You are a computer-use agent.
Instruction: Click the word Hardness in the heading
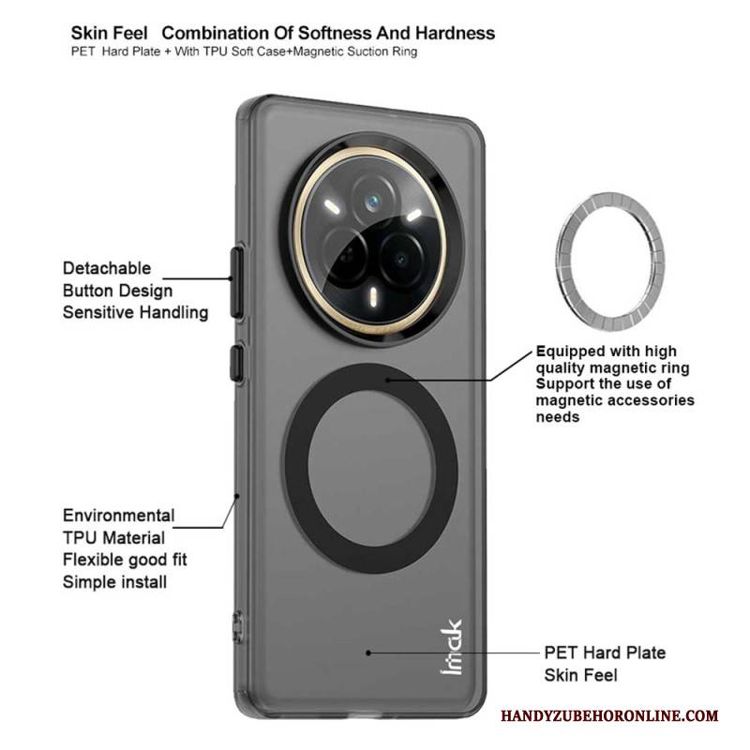455,33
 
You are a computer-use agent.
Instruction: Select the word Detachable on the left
107,268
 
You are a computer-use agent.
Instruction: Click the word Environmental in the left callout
119,515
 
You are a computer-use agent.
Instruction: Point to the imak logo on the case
451,647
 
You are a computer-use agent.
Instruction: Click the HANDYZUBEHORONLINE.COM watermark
609,716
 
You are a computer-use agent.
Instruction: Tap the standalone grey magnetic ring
611,262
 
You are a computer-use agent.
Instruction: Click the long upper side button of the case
237,282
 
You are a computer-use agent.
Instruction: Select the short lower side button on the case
236,363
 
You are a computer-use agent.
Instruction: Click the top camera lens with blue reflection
372,202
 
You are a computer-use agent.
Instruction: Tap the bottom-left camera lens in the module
345,256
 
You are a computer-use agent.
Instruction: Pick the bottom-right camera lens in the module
402,260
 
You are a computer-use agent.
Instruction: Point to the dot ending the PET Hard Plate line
368,652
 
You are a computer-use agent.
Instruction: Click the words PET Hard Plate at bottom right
605,652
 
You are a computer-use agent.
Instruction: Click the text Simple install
114,581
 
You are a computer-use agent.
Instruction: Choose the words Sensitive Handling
135,312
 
